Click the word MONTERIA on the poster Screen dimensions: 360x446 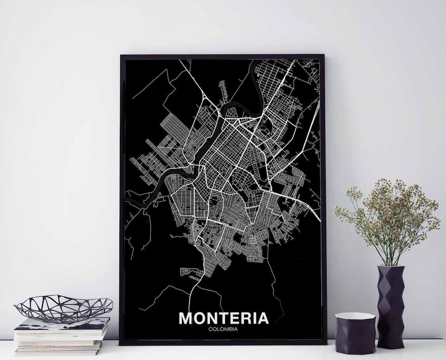223,318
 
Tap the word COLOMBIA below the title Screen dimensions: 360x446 223,329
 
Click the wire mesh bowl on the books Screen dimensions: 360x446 63,308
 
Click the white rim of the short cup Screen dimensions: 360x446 355,317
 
